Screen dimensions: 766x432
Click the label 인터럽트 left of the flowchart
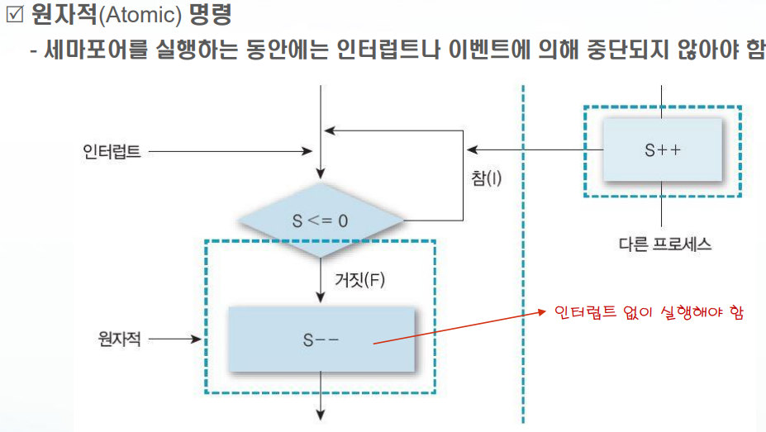pyautogui.click(x=111, y=152)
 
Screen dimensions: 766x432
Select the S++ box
pyautogui.click(x=662, y=150)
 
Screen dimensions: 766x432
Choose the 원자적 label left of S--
pyautogui.click(x=119, y=339)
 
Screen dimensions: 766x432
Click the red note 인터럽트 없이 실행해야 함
pyautogui.click(x=649, y=313)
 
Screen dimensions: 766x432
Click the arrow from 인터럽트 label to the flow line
pyautogui.click(x=231, y=152)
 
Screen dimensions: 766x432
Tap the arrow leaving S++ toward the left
pyautogui.click(x=537, y=150)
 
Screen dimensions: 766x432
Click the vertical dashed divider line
pyautogui.click(x=522, y=248)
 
